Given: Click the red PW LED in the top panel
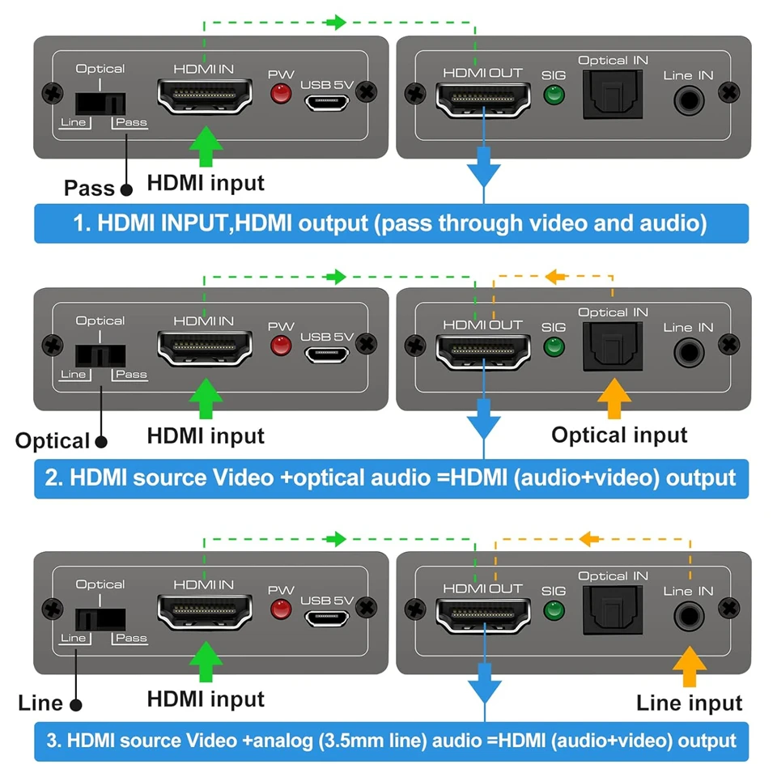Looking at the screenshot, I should [x=281, y=95].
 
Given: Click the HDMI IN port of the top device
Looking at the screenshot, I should [x=204, y=96].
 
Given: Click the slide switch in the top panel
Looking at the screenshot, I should [x=100, y=103].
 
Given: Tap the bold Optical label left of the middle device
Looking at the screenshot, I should [x=52, y=441].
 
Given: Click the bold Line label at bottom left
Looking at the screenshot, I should [x=40, y=703].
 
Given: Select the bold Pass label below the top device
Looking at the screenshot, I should [x=89, y=189].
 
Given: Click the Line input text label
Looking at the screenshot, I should [x=689, y=703].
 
